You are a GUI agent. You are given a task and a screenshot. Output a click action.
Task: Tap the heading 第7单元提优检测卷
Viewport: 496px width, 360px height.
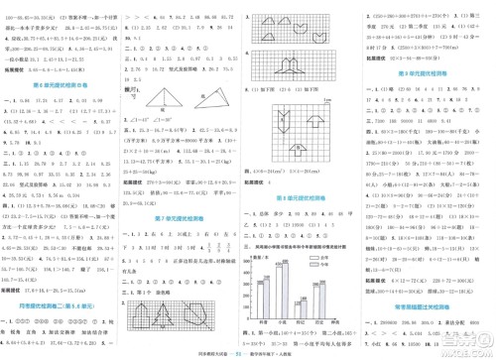[180, 216]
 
